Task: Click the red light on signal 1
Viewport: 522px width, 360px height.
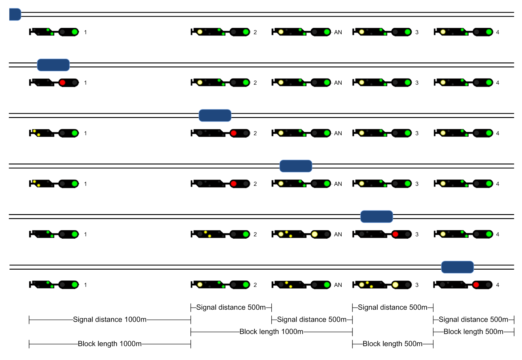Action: pyautogui.click(x=62, y=82)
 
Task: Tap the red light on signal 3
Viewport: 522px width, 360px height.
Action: pyautogui.click(x=395, y=234)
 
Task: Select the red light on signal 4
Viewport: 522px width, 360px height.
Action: pyautogui.click(x=476, y=285)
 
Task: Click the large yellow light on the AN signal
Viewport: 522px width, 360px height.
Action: pyautogui.click(x=315, y=234)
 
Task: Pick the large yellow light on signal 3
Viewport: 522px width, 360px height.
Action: pyautogui.click(x=395, y=285)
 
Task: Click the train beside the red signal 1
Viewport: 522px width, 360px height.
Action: pyautogui.click(x=53, y=65)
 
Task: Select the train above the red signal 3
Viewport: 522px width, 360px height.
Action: pyautogui.click(x=376, y=217)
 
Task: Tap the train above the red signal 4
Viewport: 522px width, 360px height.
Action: pyautogui.click(x=457, y=267)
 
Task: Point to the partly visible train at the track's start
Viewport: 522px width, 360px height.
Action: pyautogui.click(x=15, y=14)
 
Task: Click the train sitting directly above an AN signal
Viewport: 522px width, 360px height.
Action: pyautogui.click(x=296, y=166)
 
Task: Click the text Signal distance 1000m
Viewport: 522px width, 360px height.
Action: pyautogui.click(x=110, y=320)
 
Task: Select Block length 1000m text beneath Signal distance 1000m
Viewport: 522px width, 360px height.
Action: pyautogui.click(x=110, y=344)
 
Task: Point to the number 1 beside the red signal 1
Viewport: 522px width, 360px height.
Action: pyautogui.click(x=85, y=83)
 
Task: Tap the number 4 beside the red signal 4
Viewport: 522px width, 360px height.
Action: pyautogui.click(x=497, y=285)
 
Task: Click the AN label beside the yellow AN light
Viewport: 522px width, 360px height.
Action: pyautogui.click(x=338, y=234)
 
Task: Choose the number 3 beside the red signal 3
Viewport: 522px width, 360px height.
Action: pyautogui.click(x=417, y=234)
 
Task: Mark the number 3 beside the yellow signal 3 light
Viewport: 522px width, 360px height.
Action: pyautogui.click(x=417, y=285)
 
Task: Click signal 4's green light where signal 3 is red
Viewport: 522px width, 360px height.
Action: pyautogui.click(x=489, y=234)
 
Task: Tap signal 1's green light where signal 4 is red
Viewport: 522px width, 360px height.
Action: pyautogui.click(x=75, y=285)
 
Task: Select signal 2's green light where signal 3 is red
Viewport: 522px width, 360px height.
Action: pyautogui.click(x=246, y=234)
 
